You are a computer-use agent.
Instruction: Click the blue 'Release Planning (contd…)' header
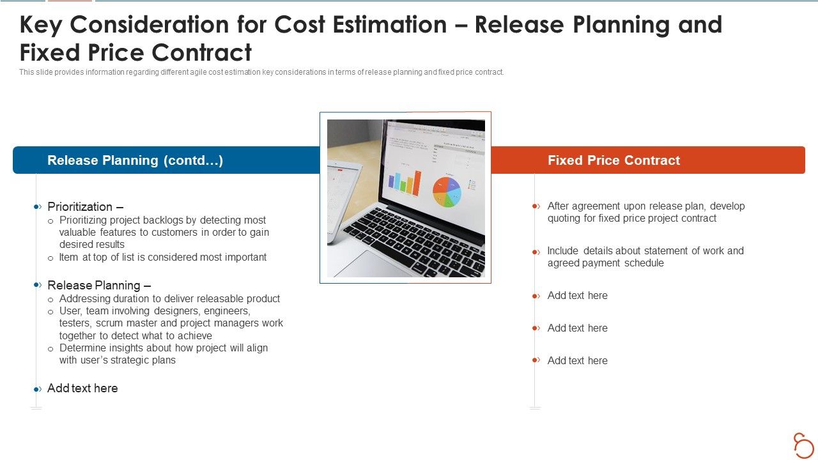pyautogui.click(x=135, y=160)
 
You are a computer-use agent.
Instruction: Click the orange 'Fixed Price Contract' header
pyautogui.click(x=613, y=160)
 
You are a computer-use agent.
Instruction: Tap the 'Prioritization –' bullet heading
pyautogui.click(x=85, y=206)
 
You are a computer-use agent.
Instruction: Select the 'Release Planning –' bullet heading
pyautogui.click(x=99, y=285)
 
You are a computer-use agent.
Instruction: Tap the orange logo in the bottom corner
pyautogui.click(x=803, y=445)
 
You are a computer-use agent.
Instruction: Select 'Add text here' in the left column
pyautogui.click(x=82, y=388)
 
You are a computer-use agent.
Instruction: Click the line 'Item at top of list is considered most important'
pyautogui.click(x=163, y=257)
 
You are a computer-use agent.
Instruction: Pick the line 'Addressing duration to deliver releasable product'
pyautogui.click(x=169, y=298)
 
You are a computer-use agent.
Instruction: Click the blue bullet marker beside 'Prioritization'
pyautogui.click(x=37, y=206)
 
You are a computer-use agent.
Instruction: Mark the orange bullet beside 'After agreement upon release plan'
pyautogui.click(x=536, y=206)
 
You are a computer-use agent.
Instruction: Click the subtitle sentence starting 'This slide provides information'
pyautogui.click(x=261, y=72)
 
